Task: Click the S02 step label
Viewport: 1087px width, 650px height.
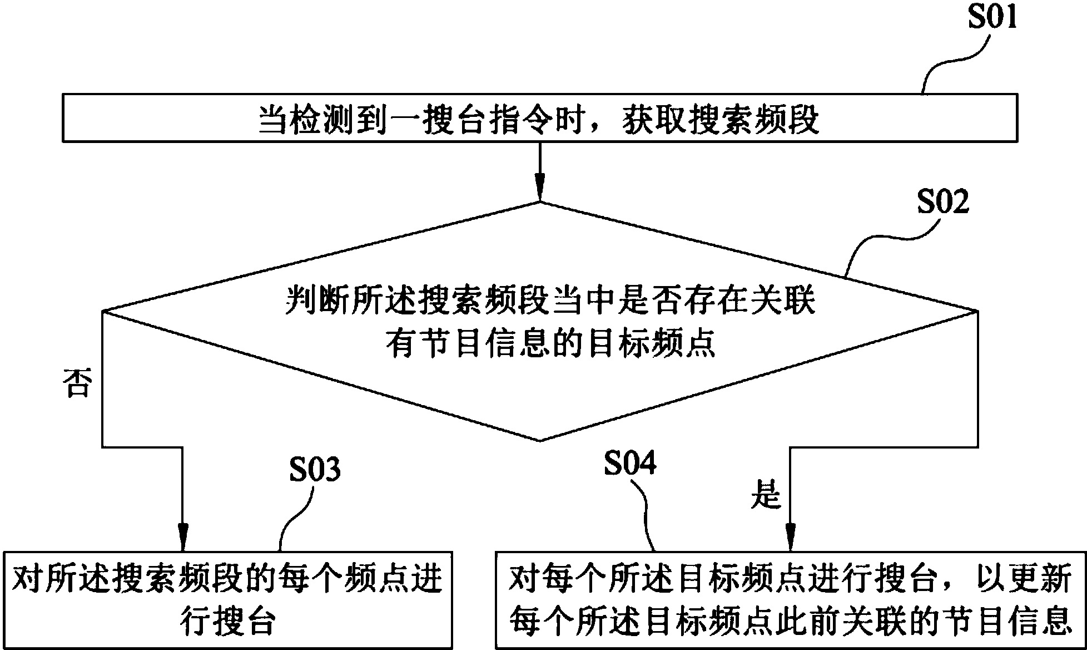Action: tap(943, 203)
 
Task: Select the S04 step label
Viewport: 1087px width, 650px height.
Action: tap(630, 464)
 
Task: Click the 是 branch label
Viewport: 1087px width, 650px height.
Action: tap(766, 496)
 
